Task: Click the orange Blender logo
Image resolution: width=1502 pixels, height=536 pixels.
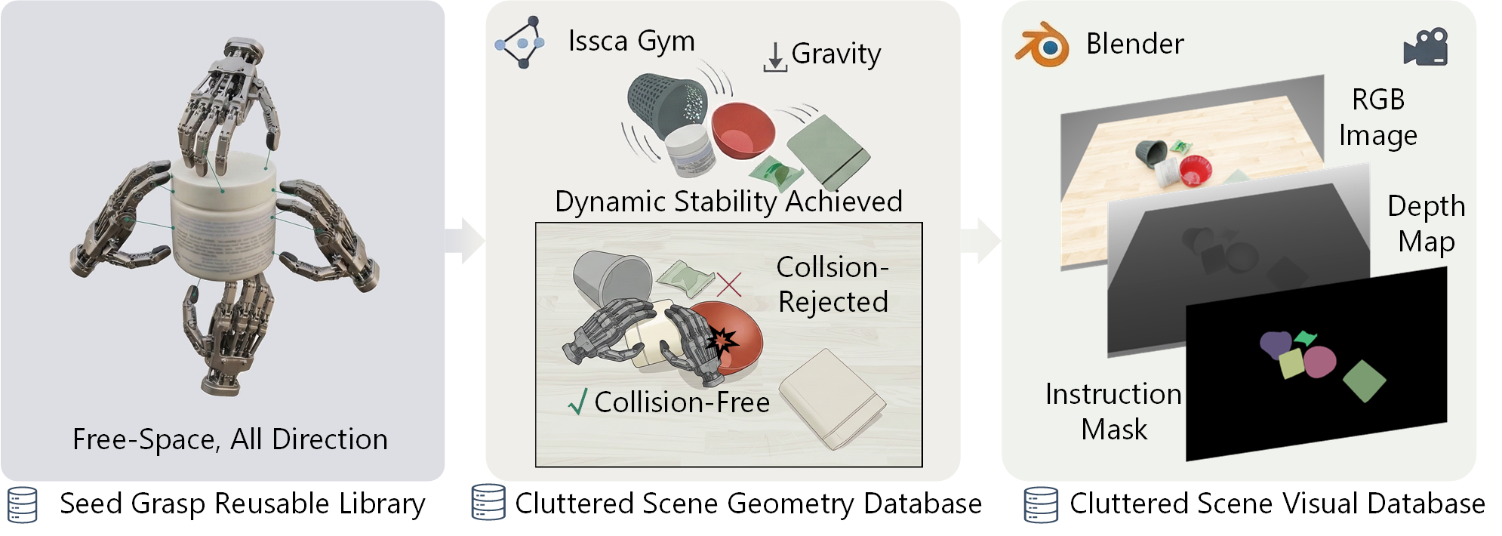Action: [x=1042, y=45]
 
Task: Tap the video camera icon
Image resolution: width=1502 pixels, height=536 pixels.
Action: [x=1425, y=48]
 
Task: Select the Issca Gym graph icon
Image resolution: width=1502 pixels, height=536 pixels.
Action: [x=520, y=42]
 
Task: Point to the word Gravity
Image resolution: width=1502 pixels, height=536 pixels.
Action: [x=836, y=54]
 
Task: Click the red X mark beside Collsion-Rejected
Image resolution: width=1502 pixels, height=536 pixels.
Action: [x=728, y=284]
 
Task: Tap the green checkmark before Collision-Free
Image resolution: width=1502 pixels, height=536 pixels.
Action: [x=577, y=402]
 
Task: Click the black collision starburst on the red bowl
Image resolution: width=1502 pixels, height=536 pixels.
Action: [x=722, y=341]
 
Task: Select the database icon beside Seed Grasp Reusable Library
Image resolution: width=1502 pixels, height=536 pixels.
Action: [x=22, y=505]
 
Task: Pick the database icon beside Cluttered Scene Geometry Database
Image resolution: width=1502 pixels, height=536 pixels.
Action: [x=488, y=502]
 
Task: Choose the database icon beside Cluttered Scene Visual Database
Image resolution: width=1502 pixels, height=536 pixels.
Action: [x=1041, y=505]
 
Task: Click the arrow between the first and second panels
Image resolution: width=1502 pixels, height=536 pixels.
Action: [x=464, y=241]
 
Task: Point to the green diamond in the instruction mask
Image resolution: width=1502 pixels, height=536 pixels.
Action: [x=1365, y=380]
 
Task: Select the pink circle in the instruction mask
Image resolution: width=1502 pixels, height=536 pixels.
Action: [x=1319, y=362]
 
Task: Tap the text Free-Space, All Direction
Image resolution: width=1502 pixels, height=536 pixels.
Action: [x=230, y=439]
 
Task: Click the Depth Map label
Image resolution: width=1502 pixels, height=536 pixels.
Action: [x=1426, y=223]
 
